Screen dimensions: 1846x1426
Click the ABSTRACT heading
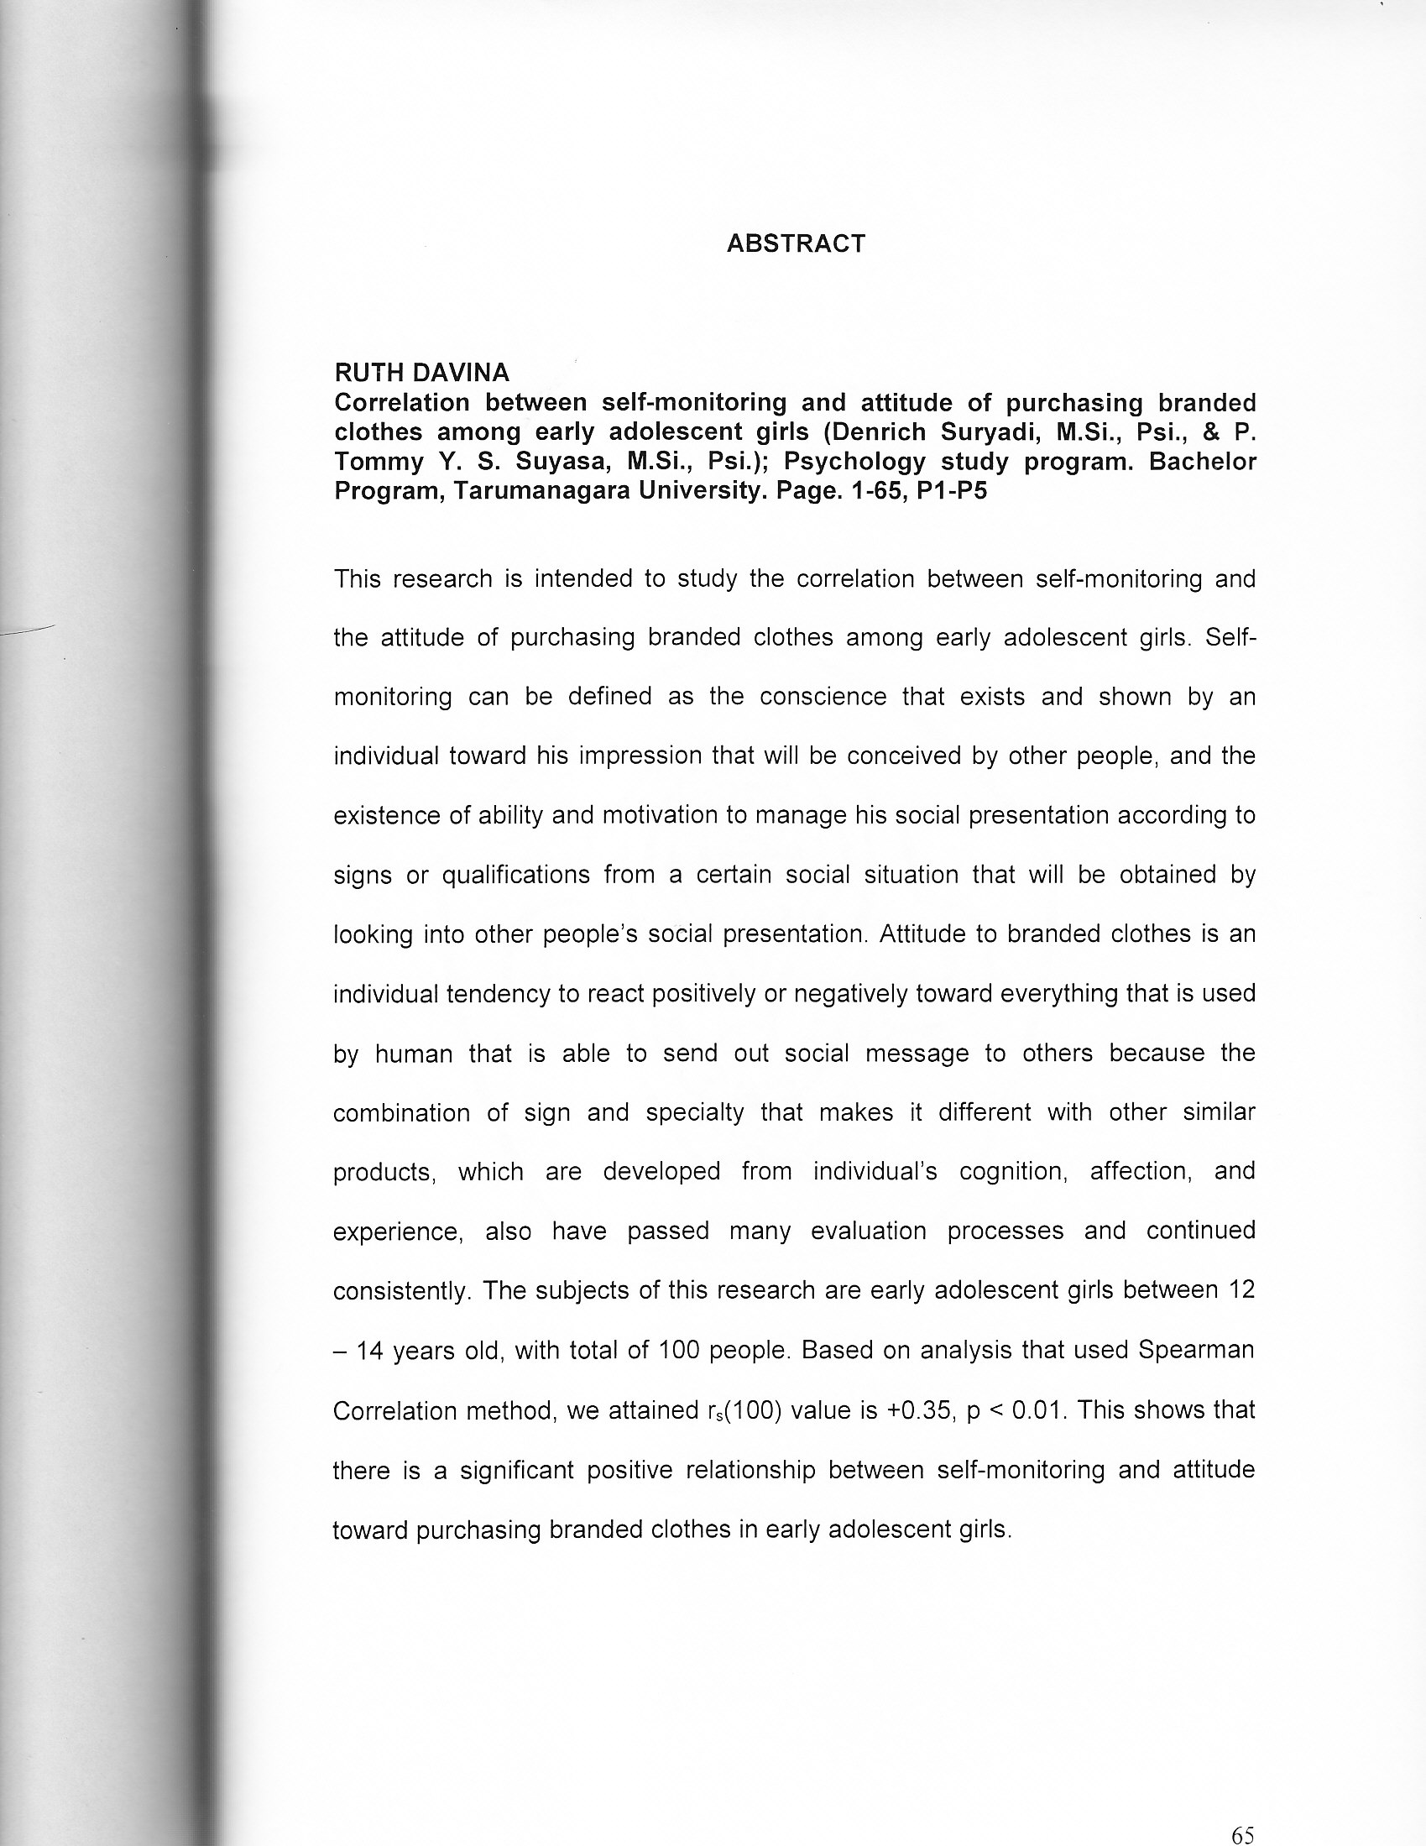[797, 243]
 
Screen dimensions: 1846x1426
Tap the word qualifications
[515, 875]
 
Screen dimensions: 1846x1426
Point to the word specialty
[695, 1112]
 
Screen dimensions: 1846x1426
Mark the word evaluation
[869, 1231]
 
